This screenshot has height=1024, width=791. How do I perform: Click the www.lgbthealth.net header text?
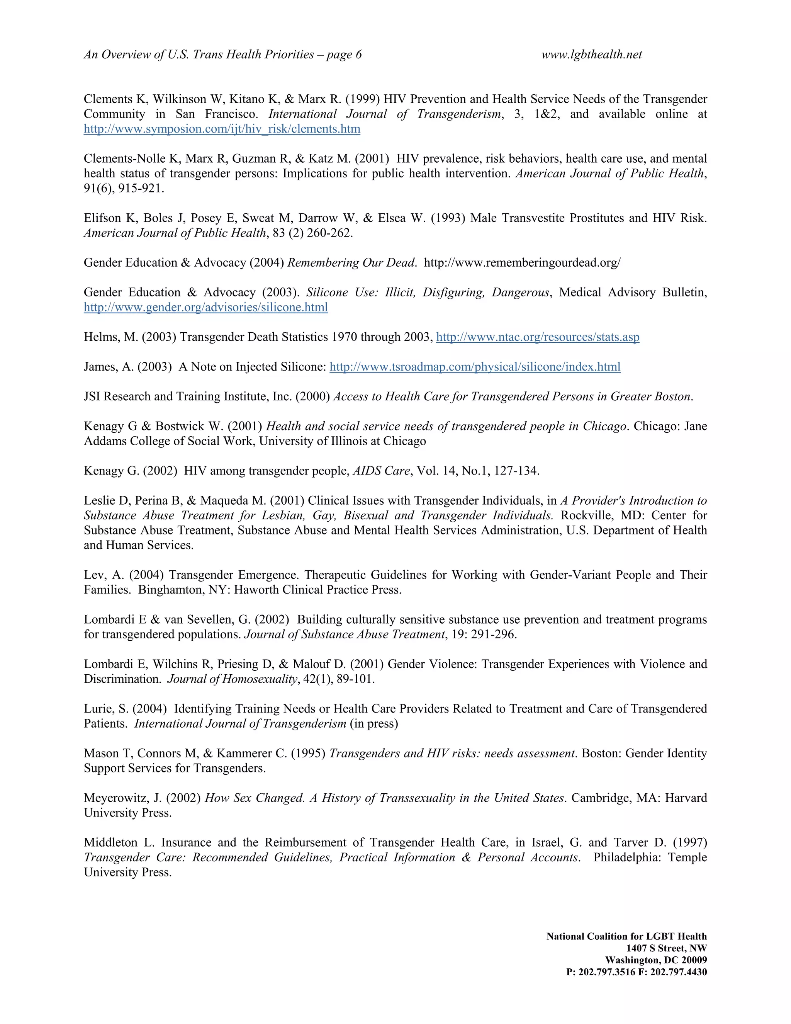(591, 55)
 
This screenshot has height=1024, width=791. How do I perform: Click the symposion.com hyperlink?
(222, 129)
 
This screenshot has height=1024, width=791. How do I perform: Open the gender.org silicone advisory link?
(206, 308)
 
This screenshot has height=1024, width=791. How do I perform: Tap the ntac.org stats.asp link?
(538, 337)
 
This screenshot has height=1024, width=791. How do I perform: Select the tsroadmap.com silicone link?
(475, 367)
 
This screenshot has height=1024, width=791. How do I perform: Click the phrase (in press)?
(374, 724)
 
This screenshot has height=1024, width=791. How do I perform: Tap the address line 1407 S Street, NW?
(666, 948)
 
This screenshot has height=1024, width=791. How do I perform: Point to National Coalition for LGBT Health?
(626, 936)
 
